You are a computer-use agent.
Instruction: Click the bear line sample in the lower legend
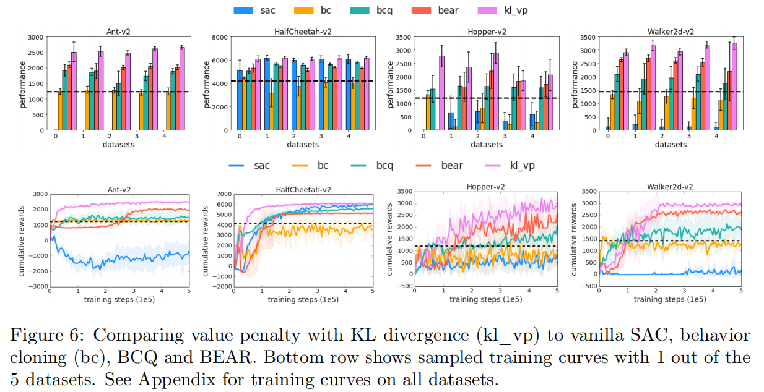click(x=422, y=165)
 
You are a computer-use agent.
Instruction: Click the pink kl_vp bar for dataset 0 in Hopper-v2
click(x=442, y=93)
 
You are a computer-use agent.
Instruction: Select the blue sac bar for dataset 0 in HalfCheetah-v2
click(x=240, y=100)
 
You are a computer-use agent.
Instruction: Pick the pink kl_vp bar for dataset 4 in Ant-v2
click(x=181, y=88)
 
